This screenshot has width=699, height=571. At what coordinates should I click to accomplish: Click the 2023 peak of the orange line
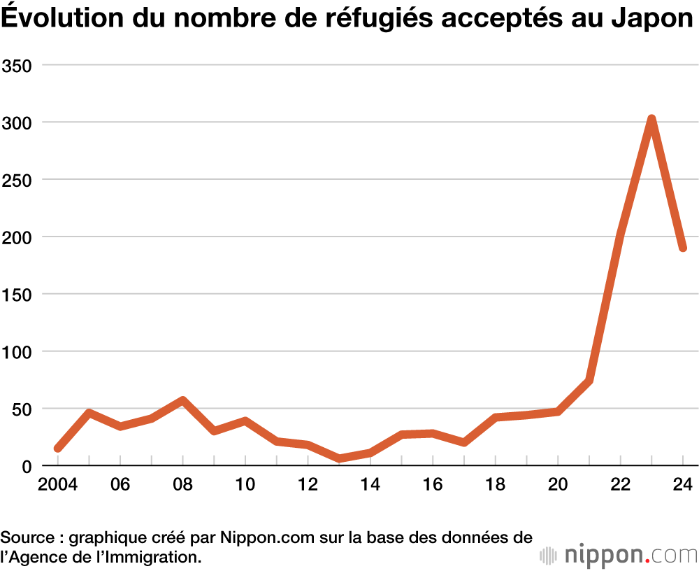click(651, 120)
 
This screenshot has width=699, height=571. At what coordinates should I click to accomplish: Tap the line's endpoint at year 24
click(682, 248)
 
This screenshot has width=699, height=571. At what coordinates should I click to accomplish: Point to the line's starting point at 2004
click(58, 448)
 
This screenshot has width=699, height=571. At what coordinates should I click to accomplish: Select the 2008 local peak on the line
click(182, 401)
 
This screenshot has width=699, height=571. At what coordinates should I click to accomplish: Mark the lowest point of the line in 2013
click(339, 458)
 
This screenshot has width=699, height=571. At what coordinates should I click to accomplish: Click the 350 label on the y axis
click(19, 65)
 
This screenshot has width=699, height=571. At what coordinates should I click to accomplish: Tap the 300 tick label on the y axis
click(19, 122)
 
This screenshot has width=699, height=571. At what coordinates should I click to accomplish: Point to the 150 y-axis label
click(19, 294)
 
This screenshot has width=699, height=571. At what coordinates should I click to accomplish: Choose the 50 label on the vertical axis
click(23, 409)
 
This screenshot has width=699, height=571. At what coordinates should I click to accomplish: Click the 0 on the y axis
click(28, 466)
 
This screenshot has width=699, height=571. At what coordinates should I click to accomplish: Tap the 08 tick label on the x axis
click(182, 484)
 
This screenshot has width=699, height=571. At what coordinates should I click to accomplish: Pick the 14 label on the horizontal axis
click(370, 484)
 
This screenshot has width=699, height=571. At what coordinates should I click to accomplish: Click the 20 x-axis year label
click(557, 484)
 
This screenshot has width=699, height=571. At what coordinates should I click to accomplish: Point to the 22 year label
click(620, 484)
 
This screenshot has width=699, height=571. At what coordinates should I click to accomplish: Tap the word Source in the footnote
click(27, 538)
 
